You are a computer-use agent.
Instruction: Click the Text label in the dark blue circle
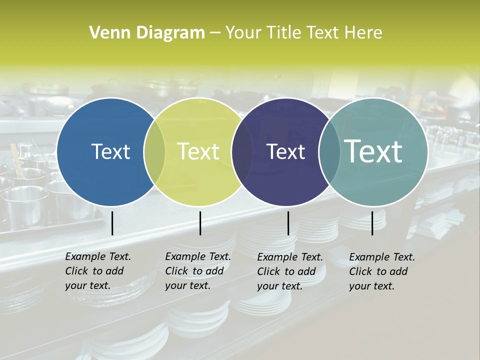(110, 152)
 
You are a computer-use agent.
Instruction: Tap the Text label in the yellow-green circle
(198, 152)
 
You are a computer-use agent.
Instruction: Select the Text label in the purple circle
(285, 152)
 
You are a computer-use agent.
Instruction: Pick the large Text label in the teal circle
(373, 151)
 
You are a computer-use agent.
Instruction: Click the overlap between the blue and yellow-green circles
(154, 152)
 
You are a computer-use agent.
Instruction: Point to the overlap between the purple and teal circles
(329, 152)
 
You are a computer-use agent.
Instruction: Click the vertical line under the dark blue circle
(112, 223)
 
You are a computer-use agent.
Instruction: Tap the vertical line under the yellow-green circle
(200, 223)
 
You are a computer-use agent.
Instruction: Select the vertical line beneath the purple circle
(288, 223)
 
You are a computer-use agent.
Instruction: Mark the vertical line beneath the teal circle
(372, 223)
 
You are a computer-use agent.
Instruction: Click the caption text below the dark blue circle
(98, 271)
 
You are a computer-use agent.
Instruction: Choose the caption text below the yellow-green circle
(198, 271)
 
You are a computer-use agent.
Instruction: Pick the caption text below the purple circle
(290, 271)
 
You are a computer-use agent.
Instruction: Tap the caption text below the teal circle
(382, 271)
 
